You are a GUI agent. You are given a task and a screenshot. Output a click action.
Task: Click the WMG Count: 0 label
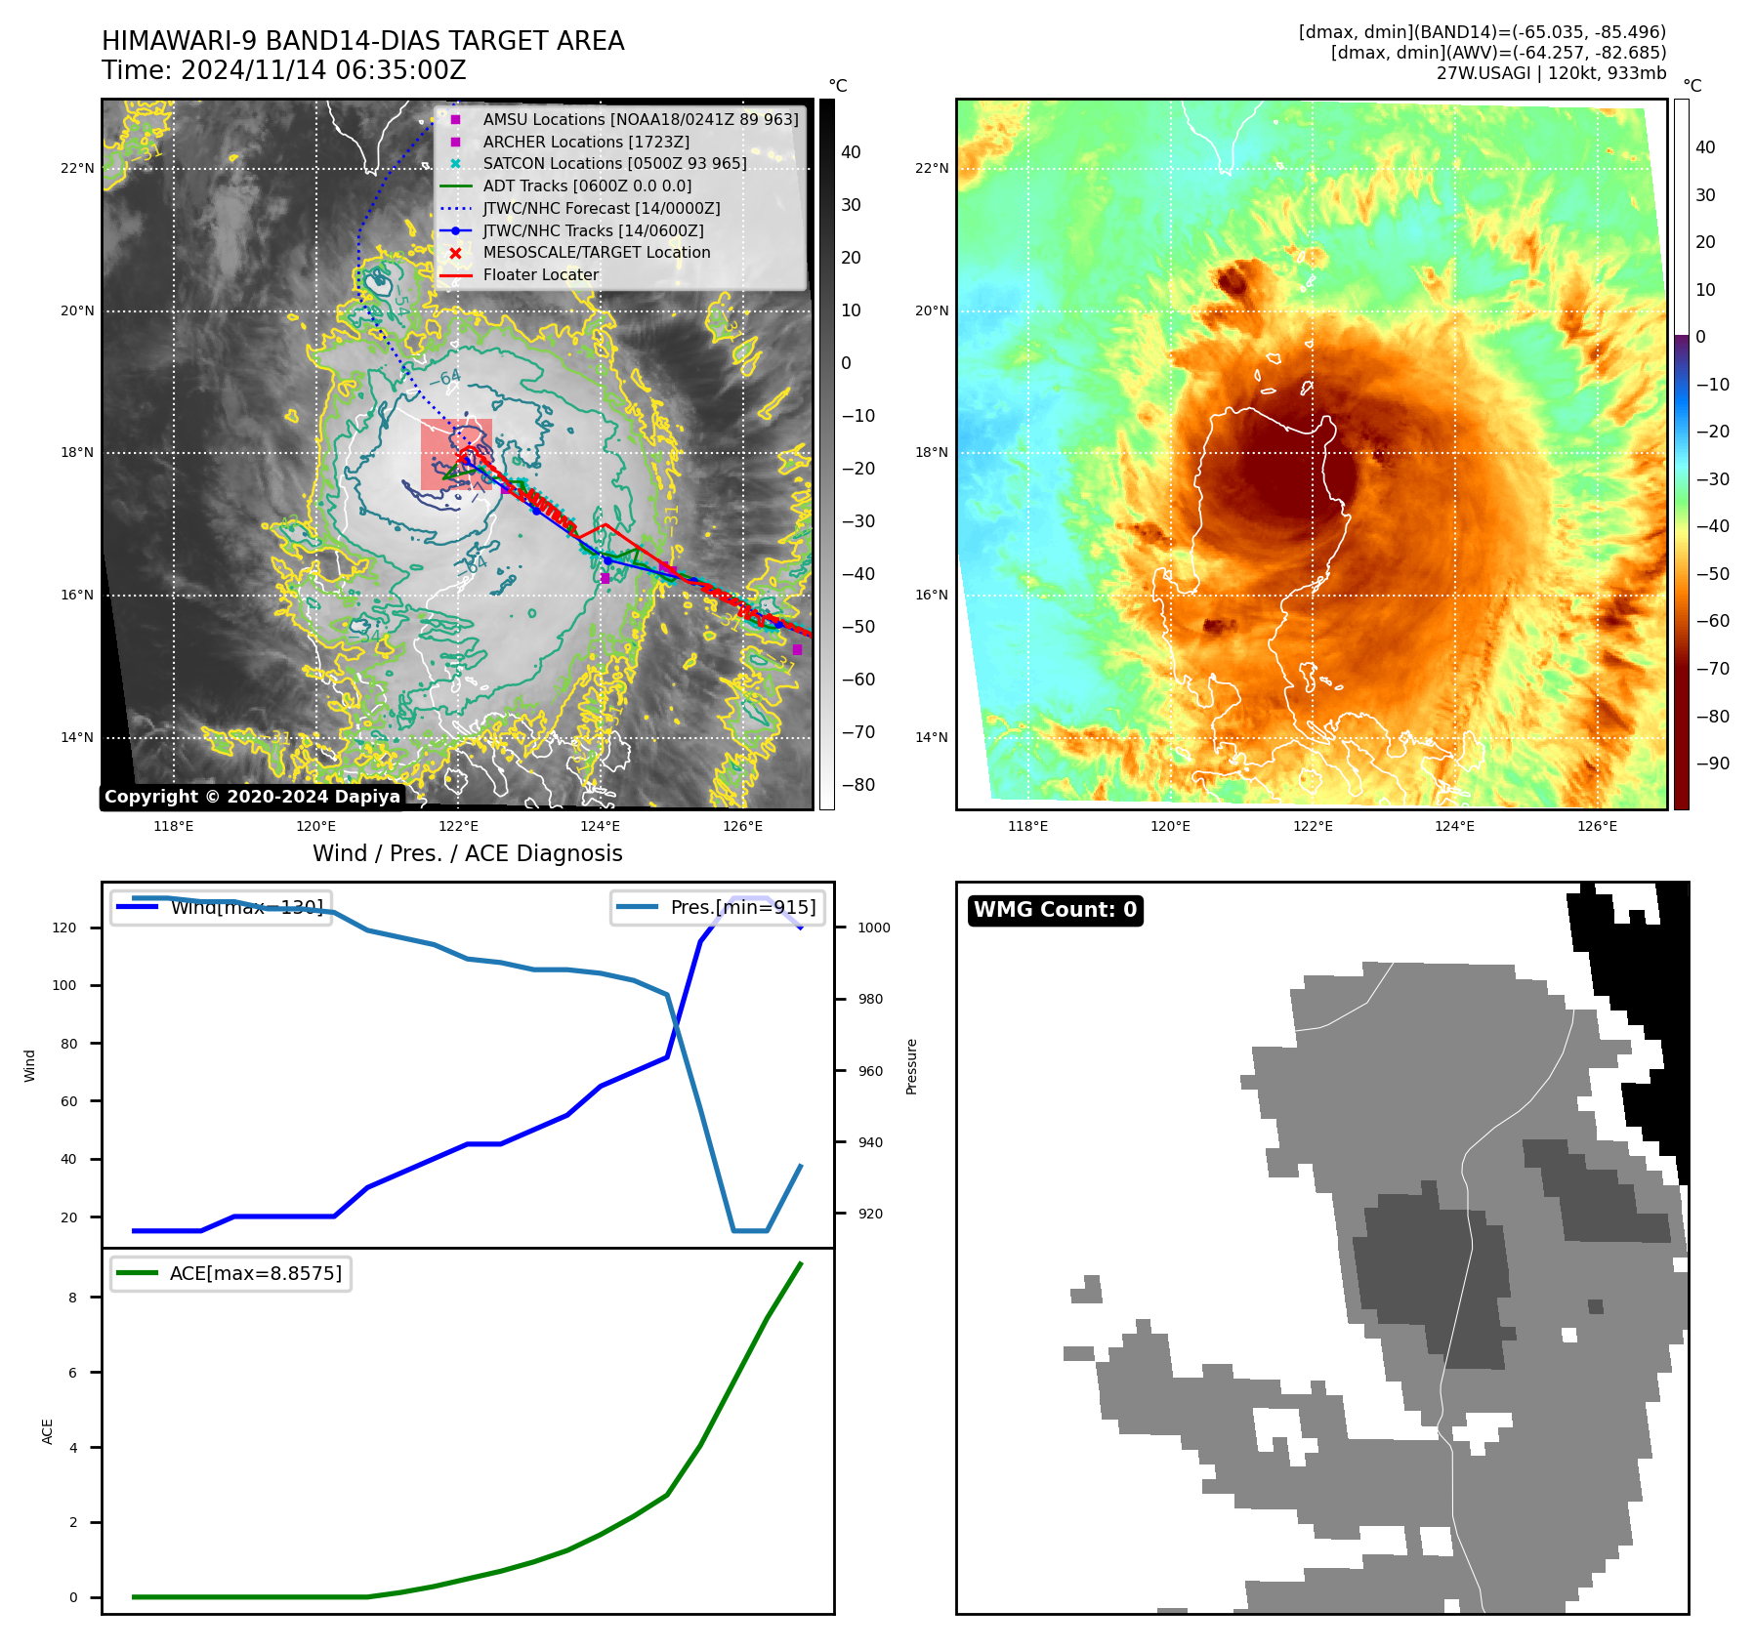coord(1055,910)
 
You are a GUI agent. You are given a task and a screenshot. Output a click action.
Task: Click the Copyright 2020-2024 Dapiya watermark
coord(252,797)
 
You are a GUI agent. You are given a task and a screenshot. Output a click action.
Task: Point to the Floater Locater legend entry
coord(540,275)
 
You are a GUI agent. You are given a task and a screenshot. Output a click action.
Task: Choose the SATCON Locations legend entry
coord(614,164)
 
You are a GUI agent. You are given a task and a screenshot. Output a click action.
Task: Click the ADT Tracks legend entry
coord(587,186)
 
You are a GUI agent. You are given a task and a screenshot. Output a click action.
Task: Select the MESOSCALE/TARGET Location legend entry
coord(596,253)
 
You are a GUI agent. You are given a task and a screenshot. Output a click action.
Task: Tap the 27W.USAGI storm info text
coord(1551,73)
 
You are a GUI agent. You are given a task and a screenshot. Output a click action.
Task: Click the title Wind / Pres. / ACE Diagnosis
coord(467,854)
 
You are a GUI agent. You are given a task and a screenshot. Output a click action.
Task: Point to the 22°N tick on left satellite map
coord(77,169)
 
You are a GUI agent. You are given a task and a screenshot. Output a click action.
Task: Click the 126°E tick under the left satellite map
coord(742,827)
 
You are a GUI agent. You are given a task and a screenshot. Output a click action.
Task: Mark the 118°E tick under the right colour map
coord(1027,827)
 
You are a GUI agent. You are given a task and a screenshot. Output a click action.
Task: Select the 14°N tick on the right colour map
coord(932,738)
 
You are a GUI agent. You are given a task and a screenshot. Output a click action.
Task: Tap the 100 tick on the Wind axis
coord(63,986)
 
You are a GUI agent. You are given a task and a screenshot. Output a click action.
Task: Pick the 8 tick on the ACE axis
coord(73,1298)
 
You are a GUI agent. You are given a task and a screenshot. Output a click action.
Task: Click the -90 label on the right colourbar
coord(1712,763)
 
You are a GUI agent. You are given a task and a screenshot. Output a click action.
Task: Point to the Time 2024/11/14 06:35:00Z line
coord(283,71)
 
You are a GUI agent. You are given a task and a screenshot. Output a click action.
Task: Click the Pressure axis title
coord(912,1066)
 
